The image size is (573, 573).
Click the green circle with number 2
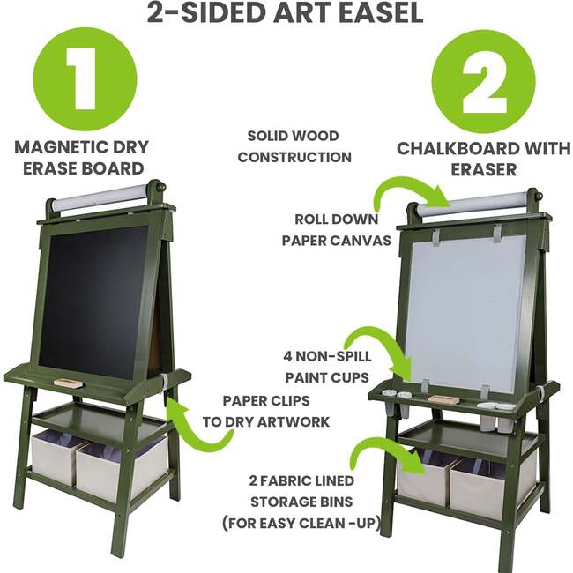(x=484, y=81)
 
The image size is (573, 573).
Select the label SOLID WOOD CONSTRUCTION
(x=294, y=146)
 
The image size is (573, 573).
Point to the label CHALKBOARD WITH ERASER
(x=484, y=158)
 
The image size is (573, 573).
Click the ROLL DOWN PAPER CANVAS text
(x=336, y=229)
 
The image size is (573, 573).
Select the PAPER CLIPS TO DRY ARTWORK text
(x=264, y=411)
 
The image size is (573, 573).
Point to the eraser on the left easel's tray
(x=67, y=383)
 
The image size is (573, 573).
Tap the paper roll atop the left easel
(x=96, y=198)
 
